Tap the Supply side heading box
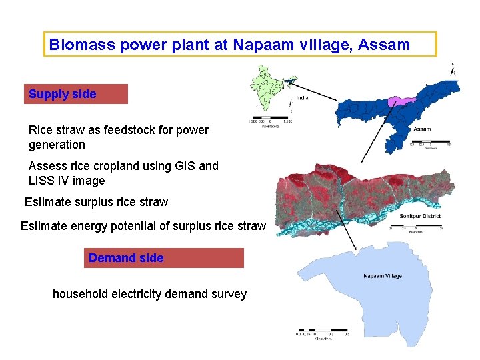coord(75,94)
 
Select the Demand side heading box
coord(163,258)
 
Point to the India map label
coord(303,98)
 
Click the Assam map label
coord(422,129)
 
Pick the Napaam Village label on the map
coord(383,275)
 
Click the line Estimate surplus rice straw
coord(96,202)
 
